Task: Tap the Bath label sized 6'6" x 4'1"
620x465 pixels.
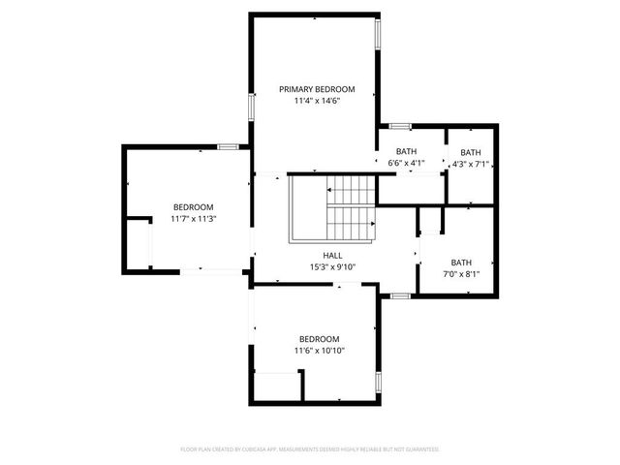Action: (x=406, y=152)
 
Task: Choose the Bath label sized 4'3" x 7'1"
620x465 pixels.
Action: (x=470, y=152)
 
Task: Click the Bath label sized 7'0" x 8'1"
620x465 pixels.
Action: (x=461, y=262)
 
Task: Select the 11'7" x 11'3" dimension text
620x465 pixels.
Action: (x=194, y=219)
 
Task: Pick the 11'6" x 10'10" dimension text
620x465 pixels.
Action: (x=320, y=350)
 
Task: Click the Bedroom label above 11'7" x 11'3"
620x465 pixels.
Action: (x=194, y=207)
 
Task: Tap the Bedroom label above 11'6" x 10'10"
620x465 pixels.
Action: (x=320, y=338)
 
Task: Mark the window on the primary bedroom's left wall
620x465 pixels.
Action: (x=251, y=106)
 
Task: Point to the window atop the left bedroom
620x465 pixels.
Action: (x=228, y=146)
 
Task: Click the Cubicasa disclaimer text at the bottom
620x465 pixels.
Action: (x=310, y=449)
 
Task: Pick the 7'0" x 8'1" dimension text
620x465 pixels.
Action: (x=461, y=273)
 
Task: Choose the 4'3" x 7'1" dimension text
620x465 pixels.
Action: (x=470, y=164)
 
